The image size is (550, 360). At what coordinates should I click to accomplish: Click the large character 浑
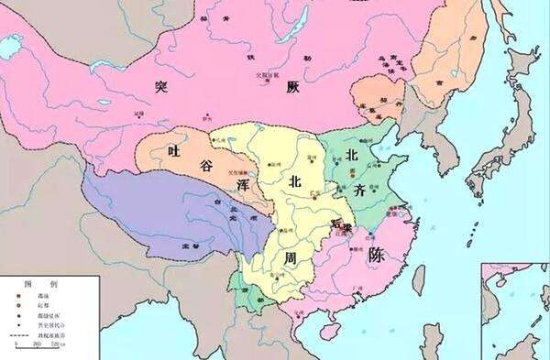[x=245, y=184]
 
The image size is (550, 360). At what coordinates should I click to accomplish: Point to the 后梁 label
[x=341, y=224]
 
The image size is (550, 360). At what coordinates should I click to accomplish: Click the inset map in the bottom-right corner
[x=515, y=311]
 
